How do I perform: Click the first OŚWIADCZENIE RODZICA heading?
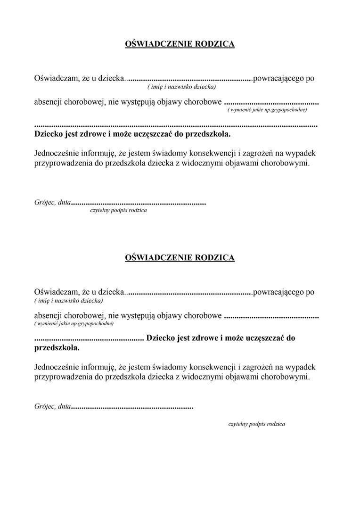pyautogui.click(x=180, y=44)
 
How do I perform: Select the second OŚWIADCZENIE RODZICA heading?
pyautogui.click(x=180, y=258)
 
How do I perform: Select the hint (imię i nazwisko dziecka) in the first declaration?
pyautogui.click(x=181, y=87)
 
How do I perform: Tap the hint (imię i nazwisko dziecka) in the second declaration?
pyautogui.click(x=69, y=300)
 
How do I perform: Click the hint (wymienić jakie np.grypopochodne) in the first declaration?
pyautogui.click(x=267, y=110)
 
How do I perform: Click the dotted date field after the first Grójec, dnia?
pyautogui.click(x=139, y=203)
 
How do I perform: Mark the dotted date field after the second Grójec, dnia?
pyautogui.click(x=132, y=405)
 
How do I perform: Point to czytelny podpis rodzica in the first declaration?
pyautogui.click(x=118, y=211)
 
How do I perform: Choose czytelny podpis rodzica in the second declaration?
pyautogui.click(x=256, y=424)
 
